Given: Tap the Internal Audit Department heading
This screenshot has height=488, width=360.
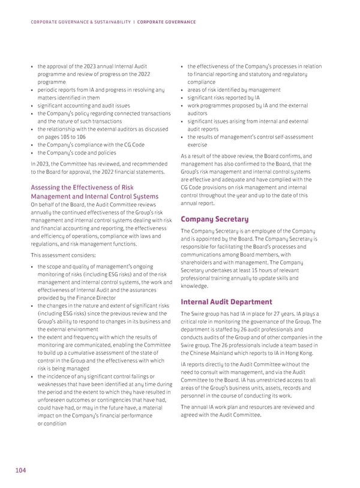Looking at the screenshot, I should (x=226, y=302).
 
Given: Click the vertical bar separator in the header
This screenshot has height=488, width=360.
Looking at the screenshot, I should (x=134, y=22).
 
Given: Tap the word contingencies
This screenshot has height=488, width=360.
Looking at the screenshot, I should (x=121, y=400).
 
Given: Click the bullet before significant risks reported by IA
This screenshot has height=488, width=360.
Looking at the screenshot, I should (x=182, y=98).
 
